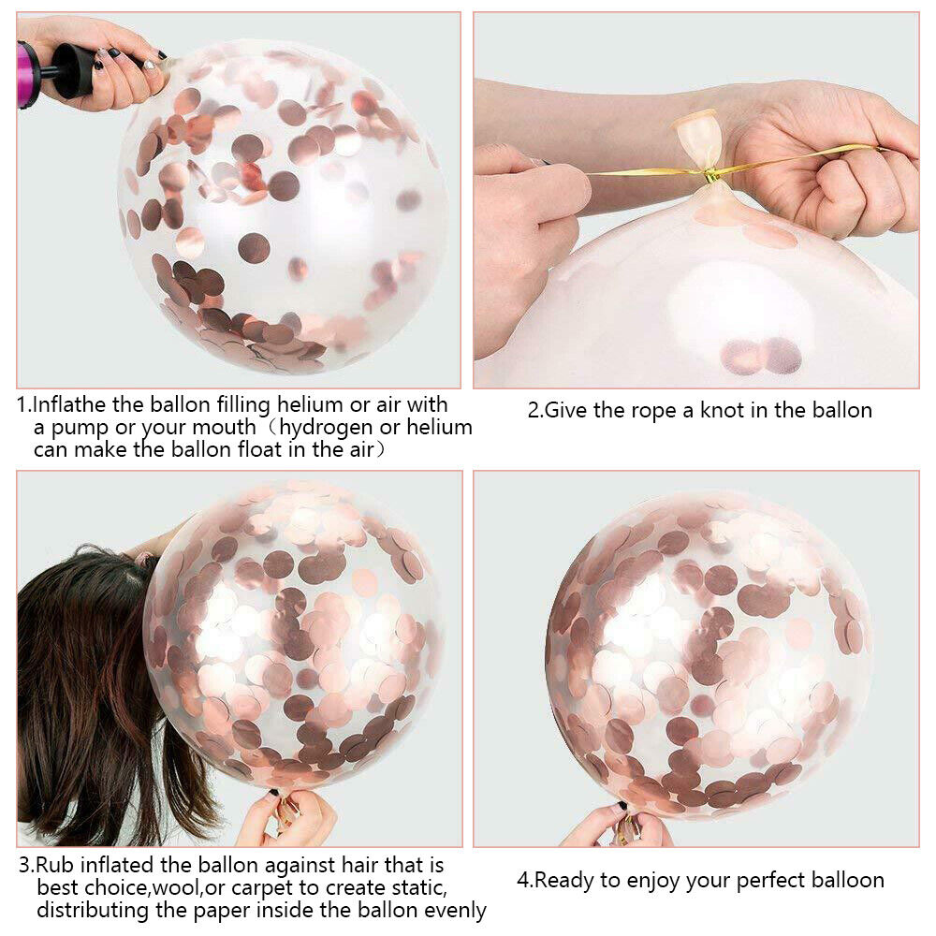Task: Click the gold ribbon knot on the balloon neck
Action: (x=709, y=175)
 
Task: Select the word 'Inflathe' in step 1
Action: (x=68, y=404)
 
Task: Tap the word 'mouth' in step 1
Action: (x=224, y=428)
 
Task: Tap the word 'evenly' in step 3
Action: (x=455, y=911)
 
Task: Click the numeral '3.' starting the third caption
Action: (x=27, y=866)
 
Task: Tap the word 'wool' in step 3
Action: (x=176, y=888)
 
